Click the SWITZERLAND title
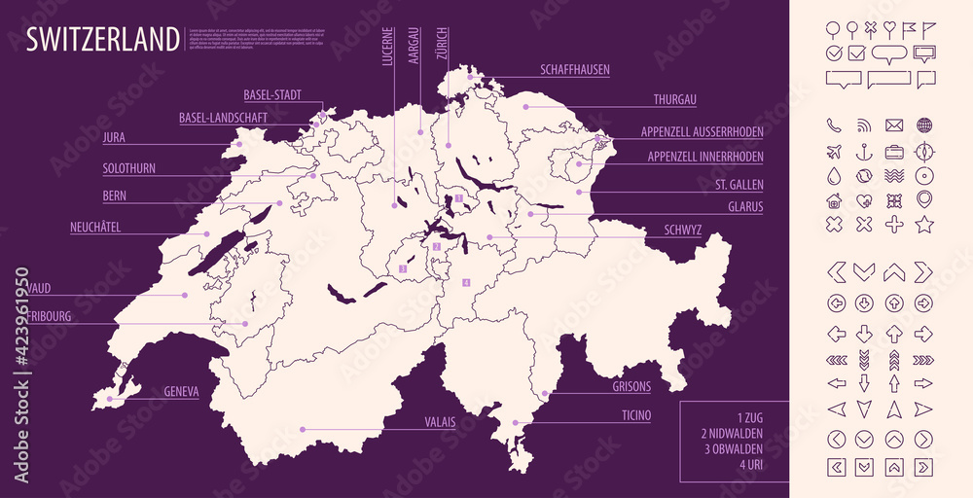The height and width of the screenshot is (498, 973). [102, 39]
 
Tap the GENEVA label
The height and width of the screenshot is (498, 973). [181, 392]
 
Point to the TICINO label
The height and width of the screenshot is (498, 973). [636, 415]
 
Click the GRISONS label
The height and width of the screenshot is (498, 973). [631, 386]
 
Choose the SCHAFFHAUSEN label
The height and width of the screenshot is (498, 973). [575, 70]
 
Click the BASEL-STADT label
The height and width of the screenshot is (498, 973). [271, 94]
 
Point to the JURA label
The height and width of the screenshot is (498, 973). [113, 138]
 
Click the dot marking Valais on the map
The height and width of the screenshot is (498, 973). [303, 428]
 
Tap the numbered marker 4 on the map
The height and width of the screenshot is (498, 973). [466, 283]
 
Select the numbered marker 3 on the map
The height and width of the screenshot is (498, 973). [403, 269]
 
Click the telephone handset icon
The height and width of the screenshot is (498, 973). [833, 124]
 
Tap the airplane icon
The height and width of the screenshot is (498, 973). [833, 151]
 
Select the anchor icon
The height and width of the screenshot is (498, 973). [863, 151]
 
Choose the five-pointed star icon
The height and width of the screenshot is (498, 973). [923, 225]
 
